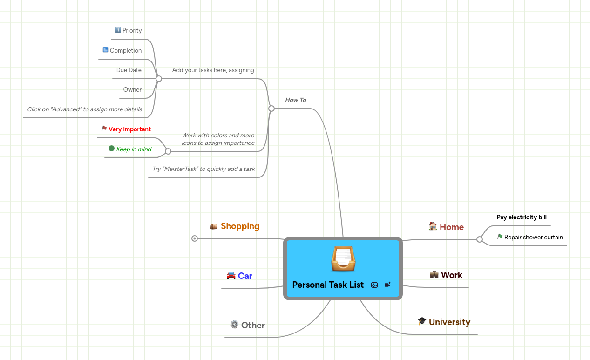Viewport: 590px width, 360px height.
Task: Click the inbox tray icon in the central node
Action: coord(343,259)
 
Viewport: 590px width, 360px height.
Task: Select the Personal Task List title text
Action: coord(328,285)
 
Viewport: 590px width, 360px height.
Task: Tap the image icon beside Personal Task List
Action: coord(374,285)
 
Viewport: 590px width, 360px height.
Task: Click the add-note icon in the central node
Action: coord(387,285)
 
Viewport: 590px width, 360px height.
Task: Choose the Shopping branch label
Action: coord(240,226)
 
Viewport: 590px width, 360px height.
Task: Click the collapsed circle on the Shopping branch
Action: coord(195,238)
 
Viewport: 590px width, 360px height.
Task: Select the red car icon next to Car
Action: coord(231,275)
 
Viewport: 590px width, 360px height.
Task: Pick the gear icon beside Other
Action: coord(234,324)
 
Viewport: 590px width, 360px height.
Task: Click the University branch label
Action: coord(449,322)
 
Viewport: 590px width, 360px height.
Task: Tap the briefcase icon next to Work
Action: coord(434,274)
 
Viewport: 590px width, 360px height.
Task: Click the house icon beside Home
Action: coord(433,226)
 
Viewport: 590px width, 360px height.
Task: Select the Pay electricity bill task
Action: coord(522,217)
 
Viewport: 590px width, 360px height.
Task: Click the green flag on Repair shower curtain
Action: coord(500,237)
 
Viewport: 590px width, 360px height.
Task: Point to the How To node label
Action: coord(295,100)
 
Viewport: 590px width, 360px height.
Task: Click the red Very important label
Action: coord(129,129)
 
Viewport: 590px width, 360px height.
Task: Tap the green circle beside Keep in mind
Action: coord(111,149)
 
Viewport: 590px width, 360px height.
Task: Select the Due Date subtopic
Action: coord(129,70)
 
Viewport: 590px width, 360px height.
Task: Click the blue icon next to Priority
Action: coord(118,30)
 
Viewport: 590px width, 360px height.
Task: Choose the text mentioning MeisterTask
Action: coord(203,169)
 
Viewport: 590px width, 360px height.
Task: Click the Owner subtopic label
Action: coord(132,90)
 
